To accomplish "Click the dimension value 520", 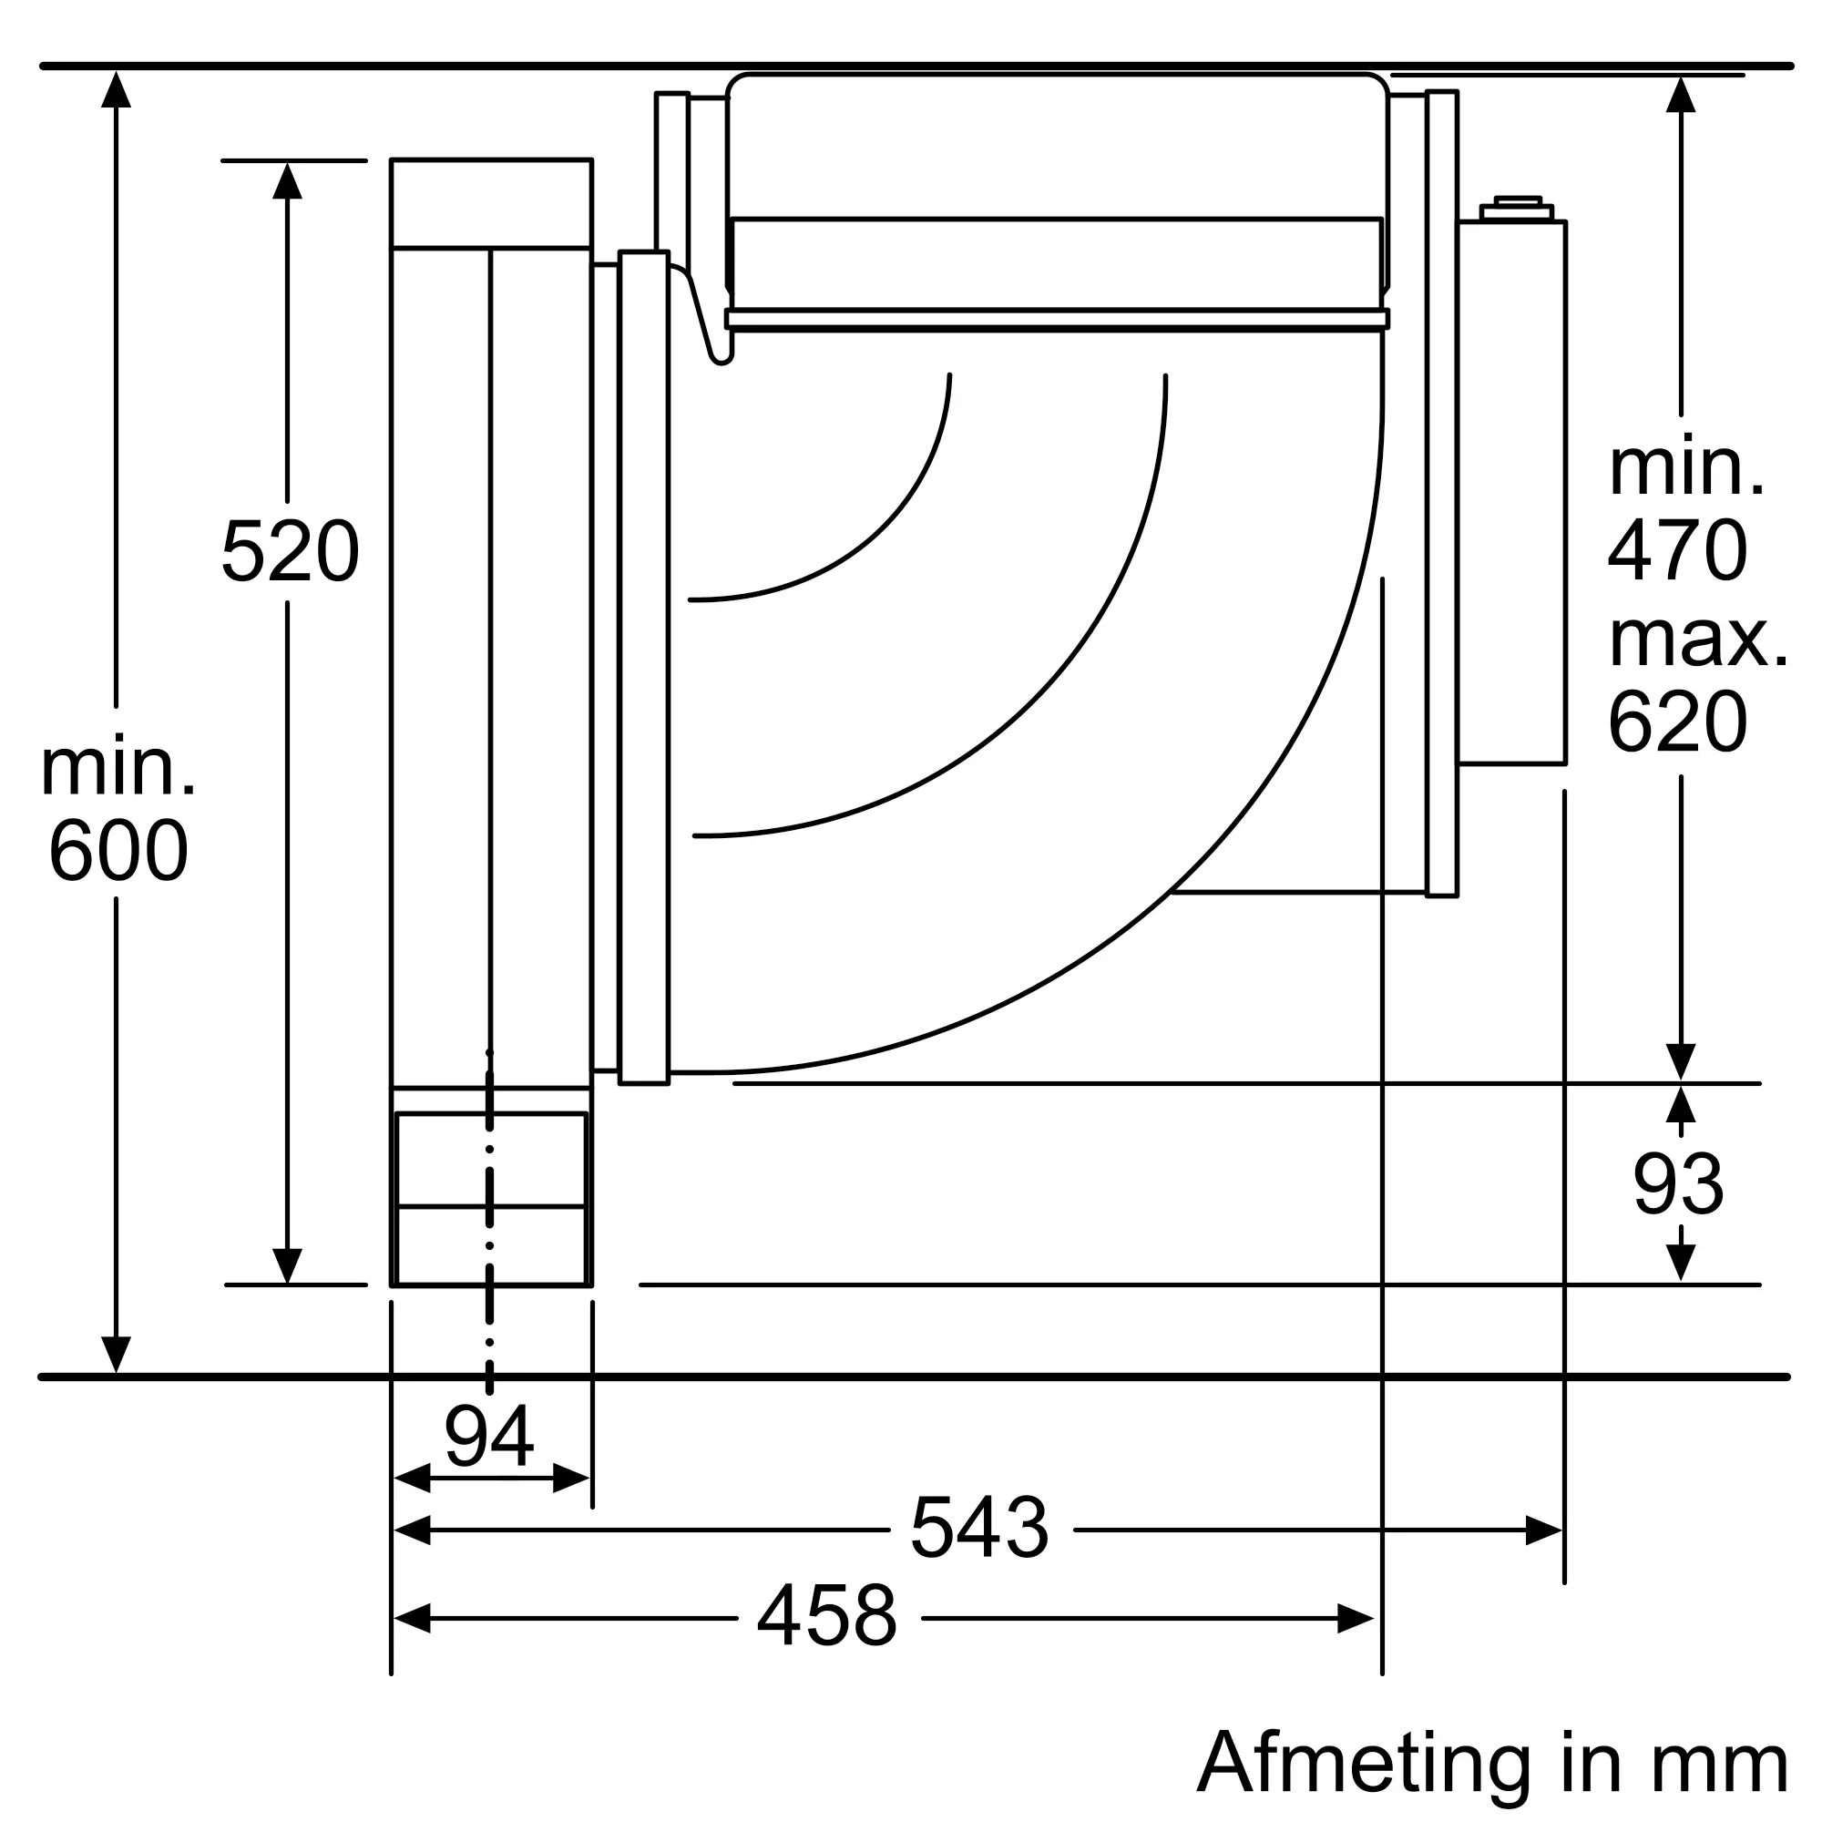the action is coord(290,552).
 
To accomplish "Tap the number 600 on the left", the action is coord(118,851).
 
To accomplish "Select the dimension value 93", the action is coord(1679,1184).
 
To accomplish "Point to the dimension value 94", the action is coord(489,1437).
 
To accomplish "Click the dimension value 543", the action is coord(980,1527).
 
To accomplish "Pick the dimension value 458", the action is coord(827,1615).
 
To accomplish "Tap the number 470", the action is coord(1678,551).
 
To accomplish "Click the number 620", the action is coord(1678,722).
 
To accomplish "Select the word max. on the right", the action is coord(1698,640).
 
